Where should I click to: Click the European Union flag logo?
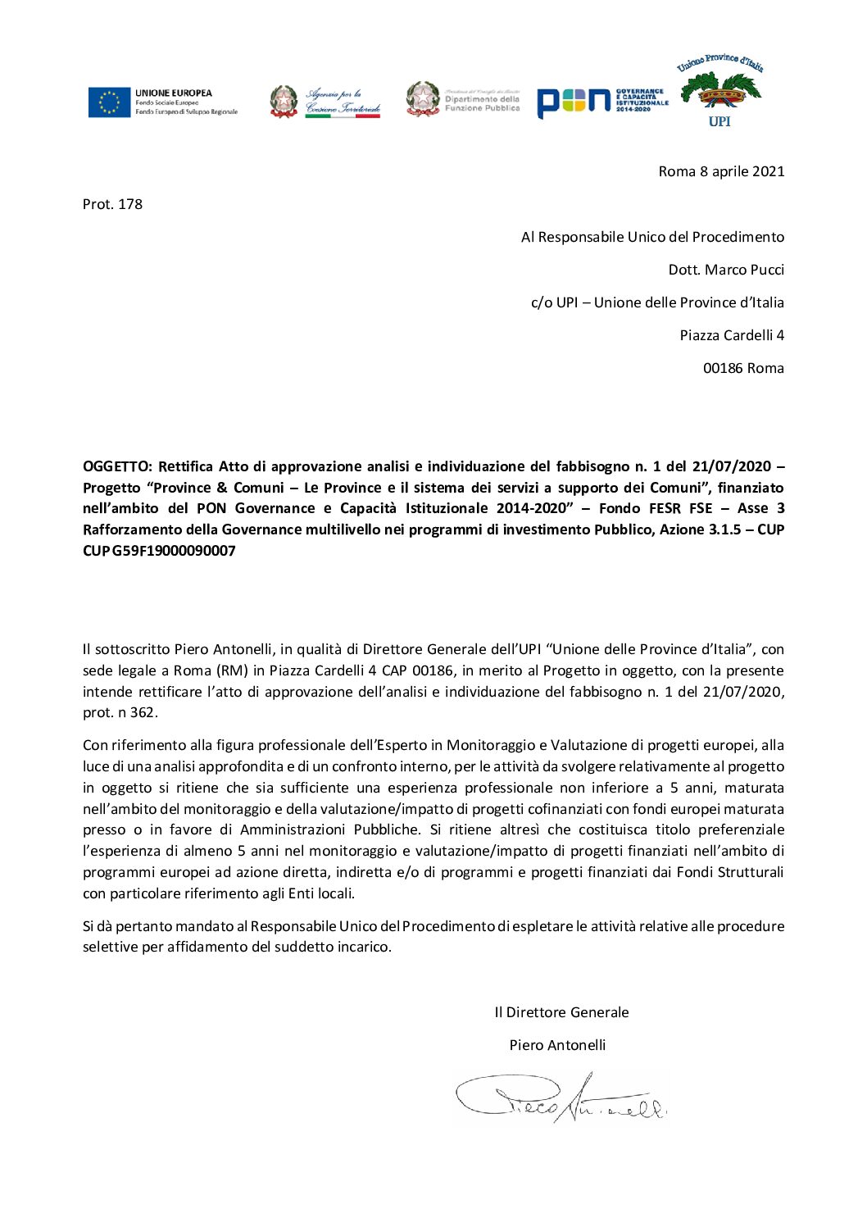coord(110,102)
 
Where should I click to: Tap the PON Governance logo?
coord(602,102)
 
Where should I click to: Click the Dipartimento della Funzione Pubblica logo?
coord(463,99)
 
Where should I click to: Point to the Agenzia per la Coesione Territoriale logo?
coord(325,102)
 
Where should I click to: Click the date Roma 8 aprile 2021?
coord(721,171)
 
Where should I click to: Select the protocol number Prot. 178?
coord(112,204)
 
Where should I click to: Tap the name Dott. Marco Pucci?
coord(726,270)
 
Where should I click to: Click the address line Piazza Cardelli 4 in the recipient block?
coord(732,335)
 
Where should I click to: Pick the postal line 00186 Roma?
coord(743,368)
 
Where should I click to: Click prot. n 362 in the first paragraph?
coord(119,712)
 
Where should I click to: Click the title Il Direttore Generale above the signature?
coord(561,1012)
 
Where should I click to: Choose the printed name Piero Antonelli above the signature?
coord(557,1045)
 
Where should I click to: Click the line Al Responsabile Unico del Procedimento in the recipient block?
coord(652,237)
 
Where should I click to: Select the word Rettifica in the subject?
coord(186,466)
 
